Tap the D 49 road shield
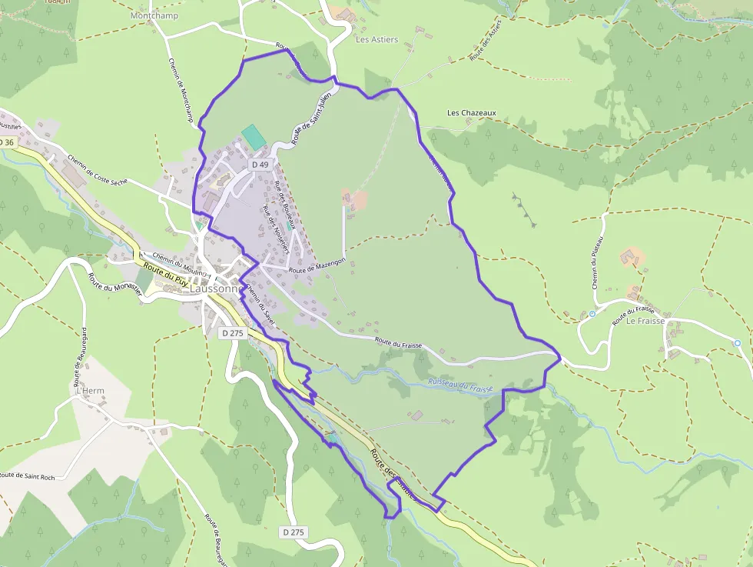point(260,165)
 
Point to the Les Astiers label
point(377,39)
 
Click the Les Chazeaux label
point(472,112)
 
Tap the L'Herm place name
point(90,391)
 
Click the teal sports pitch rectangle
point(253,137)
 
